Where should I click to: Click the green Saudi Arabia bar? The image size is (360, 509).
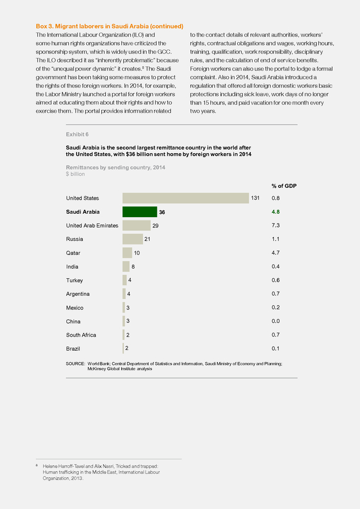point(140,212)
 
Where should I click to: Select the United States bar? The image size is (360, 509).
point(186,198)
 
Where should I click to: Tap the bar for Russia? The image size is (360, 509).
point(132,239)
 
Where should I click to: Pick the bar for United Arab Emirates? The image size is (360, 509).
point(136,225)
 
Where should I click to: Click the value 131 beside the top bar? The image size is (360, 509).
point(255,198)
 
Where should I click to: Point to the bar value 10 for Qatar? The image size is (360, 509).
point(137,253)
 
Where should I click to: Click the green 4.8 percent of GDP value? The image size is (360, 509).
point(276,212)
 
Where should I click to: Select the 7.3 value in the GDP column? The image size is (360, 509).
point(276,225)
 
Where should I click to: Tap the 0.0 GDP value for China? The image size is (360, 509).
point(276,321)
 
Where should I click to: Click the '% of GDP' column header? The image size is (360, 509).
point(284,186)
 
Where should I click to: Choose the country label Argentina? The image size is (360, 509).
point(78,294)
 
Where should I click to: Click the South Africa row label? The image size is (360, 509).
point(81,335)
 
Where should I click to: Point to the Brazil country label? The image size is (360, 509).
point(73,348)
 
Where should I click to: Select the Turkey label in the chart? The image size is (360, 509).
point(74,281)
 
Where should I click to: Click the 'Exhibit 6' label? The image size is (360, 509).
point(78,135)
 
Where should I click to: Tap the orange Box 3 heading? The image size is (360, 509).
point(109,26)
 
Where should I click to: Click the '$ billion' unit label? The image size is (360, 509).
point(75,174)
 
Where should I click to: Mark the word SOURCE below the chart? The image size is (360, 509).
point(75,364)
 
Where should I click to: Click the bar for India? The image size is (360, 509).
point(126,266)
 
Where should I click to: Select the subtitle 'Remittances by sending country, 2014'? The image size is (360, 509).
point(115,167)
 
